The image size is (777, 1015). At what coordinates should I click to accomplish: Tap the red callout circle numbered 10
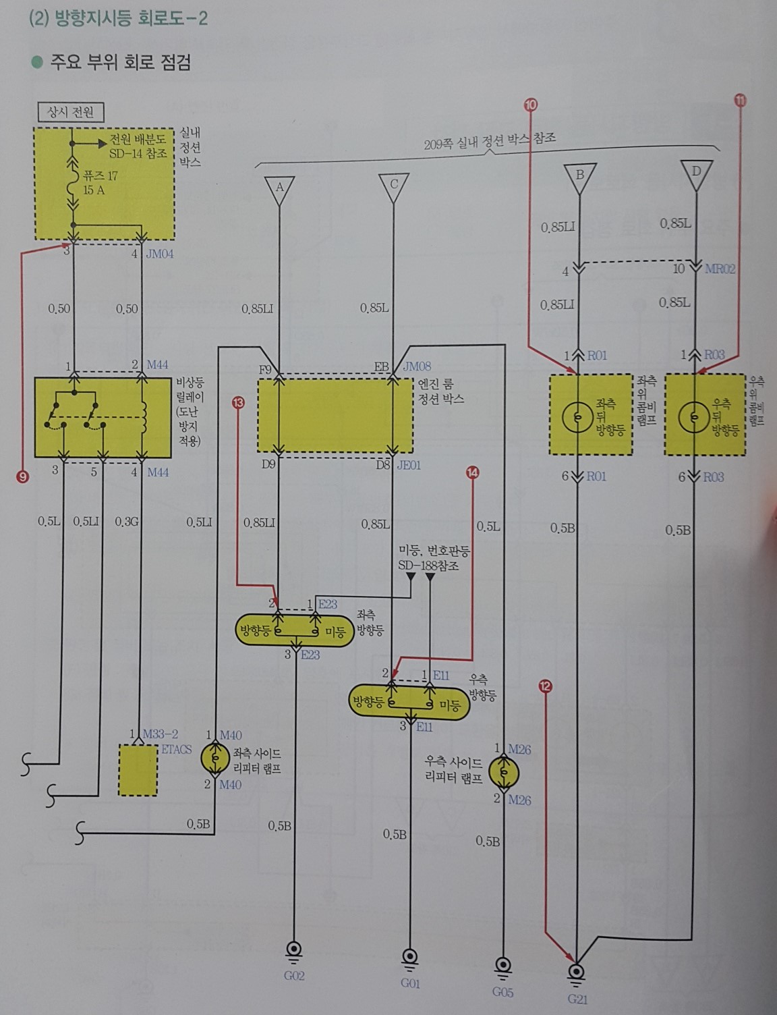click(x=531, y=105)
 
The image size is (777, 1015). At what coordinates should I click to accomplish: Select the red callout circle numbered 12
click(x=546, y=687)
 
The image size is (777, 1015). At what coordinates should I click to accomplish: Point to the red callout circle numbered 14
click(x=472, y=473)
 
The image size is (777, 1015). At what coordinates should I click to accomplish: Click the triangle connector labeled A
click(x=280, y=188)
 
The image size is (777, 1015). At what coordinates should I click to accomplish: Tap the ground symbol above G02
click(x=294, y=951)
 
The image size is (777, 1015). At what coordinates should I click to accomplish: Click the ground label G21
click(x=577, y=999)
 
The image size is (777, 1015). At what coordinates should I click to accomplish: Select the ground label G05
click(x=502, y=991)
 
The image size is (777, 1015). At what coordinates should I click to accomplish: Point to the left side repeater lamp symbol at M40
click(x=215, y=759)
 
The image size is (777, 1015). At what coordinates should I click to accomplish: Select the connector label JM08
click(x=416, y=366)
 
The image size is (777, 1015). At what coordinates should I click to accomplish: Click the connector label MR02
click(x=720, y=269)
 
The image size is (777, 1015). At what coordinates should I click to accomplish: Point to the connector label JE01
click(x=409, y=465)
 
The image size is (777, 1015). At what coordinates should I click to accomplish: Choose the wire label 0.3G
click(x=126, y=521)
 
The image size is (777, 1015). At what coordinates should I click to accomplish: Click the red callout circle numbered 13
click(x=238, y=403)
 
